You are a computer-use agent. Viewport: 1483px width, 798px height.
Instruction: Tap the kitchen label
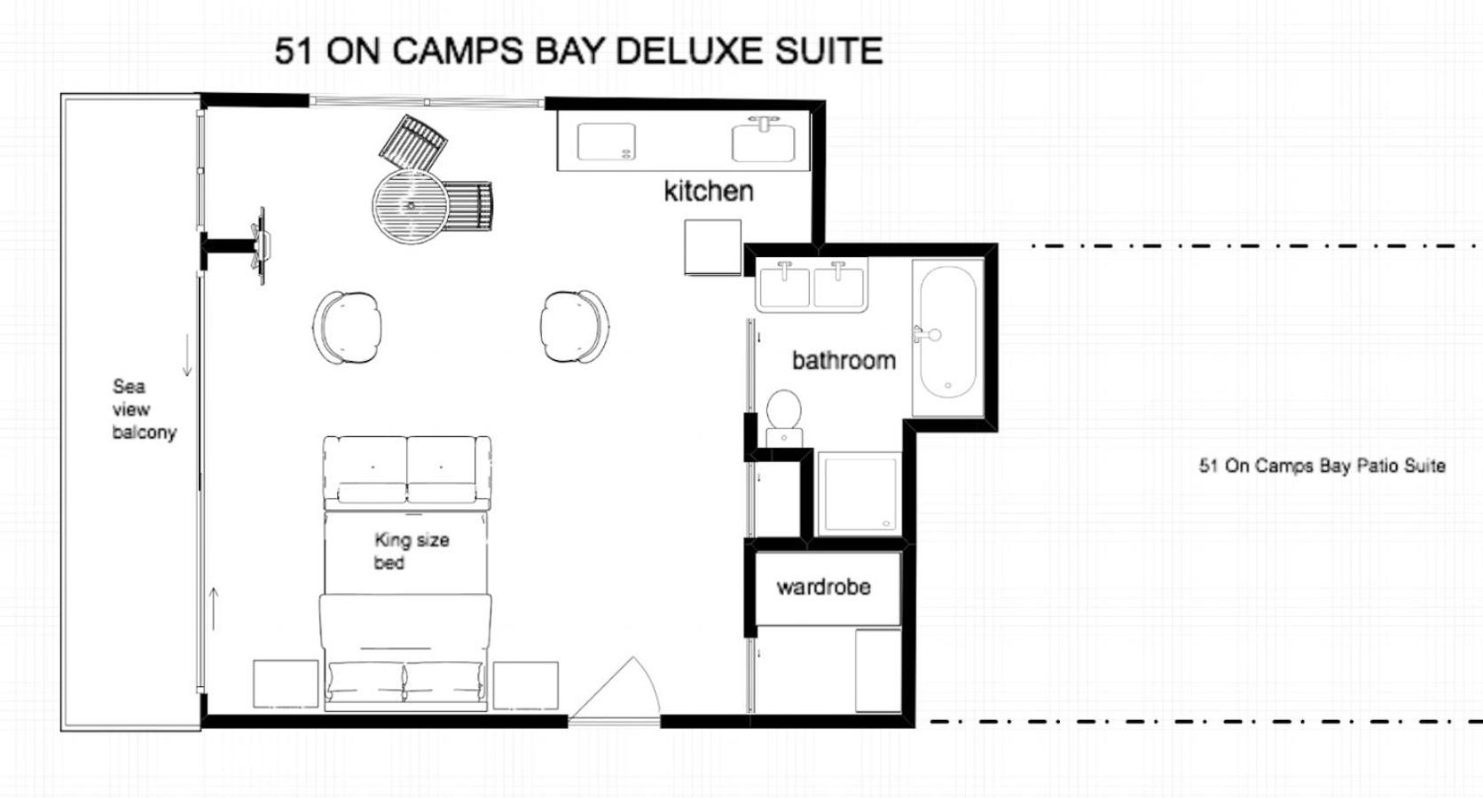(709, 192)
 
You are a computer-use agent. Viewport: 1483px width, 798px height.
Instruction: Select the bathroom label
(844, 361)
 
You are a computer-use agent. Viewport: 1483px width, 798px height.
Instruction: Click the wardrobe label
(824, 587)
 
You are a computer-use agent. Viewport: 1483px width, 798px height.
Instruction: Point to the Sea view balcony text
(145, 409)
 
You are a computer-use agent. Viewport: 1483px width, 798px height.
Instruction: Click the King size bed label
(412, 552)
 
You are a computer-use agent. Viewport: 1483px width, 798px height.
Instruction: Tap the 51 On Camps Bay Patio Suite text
(1322, 465)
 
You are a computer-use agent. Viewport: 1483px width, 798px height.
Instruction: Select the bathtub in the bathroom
(947, 334)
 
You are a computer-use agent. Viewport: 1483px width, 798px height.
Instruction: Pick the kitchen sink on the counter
(764, 142)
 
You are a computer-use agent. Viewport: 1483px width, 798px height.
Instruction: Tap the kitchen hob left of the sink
(606, 142)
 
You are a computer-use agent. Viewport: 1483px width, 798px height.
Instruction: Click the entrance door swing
(616, 688)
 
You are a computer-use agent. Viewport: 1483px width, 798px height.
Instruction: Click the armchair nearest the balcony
(347, 327)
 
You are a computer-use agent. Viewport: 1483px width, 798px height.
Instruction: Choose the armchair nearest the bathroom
(575, 326)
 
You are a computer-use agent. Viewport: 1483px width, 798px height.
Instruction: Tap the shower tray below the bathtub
(860, 494)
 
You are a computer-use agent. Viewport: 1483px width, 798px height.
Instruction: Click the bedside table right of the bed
(526, 685)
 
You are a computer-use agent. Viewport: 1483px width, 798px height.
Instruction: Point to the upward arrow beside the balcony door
(214, 608)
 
